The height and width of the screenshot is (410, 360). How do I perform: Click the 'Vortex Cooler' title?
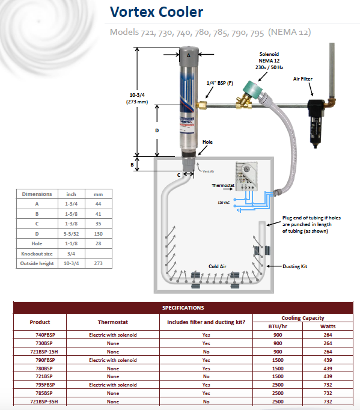tap(156, 12)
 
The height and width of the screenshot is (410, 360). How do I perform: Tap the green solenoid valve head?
tap(252, 90)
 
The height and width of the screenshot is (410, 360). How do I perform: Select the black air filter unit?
tap(316, 123)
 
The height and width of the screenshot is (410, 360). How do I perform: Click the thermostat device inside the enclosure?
tap(246, 176)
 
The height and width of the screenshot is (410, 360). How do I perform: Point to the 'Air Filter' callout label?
tap(303, 79)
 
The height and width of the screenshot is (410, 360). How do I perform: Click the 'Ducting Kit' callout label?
tap(295, 266)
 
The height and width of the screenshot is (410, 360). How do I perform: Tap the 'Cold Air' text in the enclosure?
tap(217, 266)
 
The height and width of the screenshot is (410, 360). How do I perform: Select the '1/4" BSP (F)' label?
tap(219, 83)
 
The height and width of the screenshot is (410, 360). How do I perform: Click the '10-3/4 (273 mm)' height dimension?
tap(137, 99)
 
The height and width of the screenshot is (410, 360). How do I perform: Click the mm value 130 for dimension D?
tap(99, 234)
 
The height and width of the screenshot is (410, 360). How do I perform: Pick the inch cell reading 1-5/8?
tap(71, 214)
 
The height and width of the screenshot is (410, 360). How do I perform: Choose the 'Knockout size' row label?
tap(37, 254)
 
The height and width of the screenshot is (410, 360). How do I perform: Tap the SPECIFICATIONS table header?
tap(183, 308)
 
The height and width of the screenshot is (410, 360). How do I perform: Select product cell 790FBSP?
tap(45, 360)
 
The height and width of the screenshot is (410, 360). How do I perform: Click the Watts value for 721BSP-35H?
tap(328, 402)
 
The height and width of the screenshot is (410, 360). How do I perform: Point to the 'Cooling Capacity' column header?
tap(303, 317)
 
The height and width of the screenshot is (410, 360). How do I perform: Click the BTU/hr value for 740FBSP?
tap(278, 335)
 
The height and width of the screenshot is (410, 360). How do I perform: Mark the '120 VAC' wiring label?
tap(224, 203)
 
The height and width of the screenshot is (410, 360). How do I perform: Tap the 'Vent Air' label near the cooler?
tap(209, 171)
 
